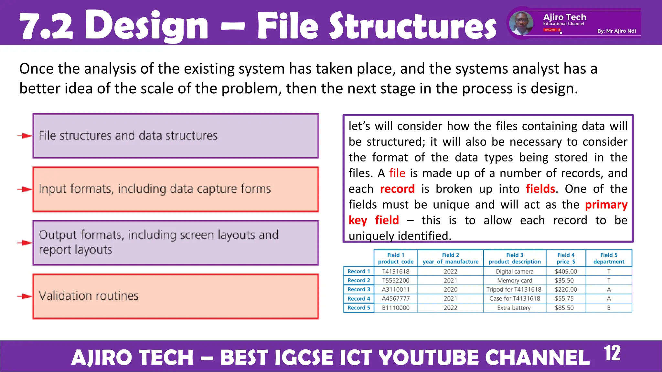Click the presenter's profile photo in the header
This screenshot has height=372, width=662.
tap(521, 23)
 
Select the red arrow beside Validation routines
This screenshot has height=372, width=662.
tap(25, 296)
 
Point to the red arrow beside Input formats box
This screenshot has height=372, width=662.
tap(25, 189)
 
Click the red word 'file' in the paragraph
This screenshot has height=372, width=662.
tap(397, 173)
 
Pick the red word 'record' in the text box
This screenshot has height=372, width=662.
tap(397, 189)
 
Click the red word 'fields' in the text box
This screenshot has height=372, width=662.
tap(540, 189)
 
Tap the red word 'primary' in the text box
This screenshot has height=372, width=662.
tap(606, 205)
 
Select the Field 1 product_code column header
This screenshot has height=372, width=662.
tap(396, 258)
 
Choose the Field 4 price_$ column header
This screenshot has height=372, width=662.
tap(566, 258)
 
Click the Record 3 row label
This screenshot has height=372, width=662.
tap(358, 289)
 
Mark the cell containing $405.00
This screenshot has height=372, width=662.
tap(566, 272)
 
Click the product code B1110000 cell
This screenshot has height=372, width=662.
tap(396, 308)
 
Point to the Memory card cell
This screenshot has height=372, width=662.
tap(515, 281)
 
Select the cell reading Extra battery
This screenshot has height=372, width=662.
tap(514, 308)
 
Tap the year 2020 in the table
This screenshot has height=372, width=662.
tap(450, 289)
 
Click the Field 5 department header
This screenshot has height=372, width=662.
tap(609, 258)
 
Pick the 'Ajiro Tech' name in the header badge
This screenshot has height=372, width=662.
tap(564, 17)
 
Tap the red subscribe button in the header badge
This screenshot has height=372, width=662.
tap(550, 30)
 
